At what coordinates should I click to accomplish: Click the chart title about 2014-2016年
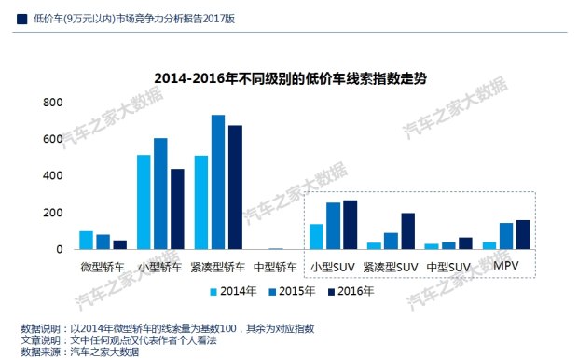[x=290, y=78]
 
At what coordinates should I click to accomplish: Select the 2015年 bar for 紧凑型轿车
[x=218, y=182]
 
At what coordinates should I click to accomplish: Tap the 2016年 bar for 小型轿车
[x=177, y=209]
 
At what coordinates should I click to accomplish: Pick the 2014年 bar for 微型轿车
[x=87, y=240]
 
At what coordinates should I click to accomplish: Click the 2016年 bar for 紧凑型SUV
[x=408, y=231]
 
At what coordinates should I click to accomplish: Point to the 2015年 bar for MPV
[x=506, y=236]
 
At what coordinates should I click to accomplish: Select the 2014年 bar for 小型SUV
[x=316, y=237]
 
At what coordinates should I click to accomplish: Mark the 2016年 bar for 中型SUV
[x=465, y=243]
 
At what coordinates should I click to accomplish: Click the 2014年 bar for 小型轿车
[x=144, y=202]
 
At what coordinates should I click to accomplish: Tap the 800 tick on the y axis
[x=53, y=103]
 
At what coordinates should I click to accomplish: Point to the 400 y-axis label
[x=53, y=175]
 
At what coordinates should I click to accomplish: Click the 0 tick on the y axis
[x=60, y=249]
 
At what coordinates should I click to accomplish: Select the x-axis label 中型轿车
[x=275, y=267]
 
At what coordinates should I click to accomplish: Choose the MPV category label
[x=505, y=266]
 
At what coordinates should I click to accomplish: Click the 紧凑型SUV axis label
[x=391, y=267]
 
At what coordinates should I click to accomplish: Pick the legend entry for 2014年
[x=233, y=291]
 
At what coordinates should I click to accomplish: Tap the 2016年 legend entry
[x=351, y=291]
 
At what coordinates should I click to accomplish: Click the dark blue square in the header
[x=21, y=20]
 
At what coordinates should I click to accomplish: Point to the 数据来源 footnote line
[x=80, y=352]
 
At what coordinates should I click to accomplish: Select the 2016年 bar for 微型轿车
[x=120, y=245]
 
